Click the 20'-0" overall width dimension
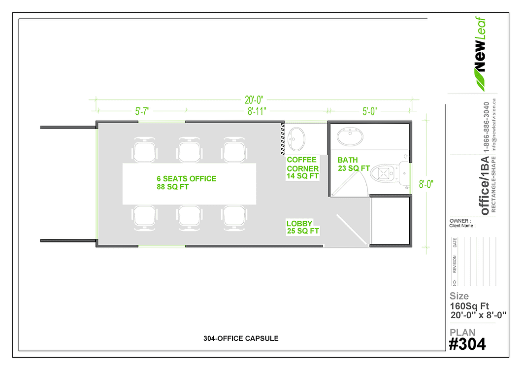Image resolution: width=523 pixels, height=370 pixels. pos(254,100)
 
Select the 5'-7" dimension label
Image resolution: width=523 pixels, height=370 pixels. pos(142,111)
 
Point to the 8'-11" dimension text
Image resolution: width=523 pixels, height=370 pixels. pos(257,111)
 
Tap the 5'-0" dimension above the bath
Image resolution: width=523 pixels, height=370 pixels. pos(369,111)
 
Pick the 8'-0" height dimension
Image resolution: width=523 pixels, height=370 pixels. pos(426,184)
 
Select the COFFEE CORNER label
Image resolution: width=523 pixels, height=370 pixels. pos(302,164)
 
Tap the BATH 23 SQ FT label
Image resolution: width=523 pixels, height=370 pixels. pos(354,164)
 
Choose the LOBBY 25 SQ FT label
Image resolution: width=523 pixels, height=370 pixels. pos(303,227)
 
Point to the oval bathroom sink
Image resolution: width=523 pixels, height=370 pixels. pos(350,137)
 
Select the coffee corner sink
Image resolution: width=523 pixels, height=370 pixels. pos(296,139)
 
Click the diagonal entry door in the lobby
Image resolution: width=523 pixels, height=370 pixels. pos(353,231)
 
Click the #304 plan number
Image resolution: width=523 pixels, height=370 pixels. pos(467,344)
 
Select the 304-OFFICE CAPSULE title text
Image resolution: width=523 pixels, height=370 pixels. pos(241,338)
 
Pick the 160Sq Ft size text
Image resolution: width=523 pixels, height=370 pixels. pos(469,306)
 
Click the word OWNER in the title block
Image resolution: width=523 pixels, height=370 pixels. pos(458,221)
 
